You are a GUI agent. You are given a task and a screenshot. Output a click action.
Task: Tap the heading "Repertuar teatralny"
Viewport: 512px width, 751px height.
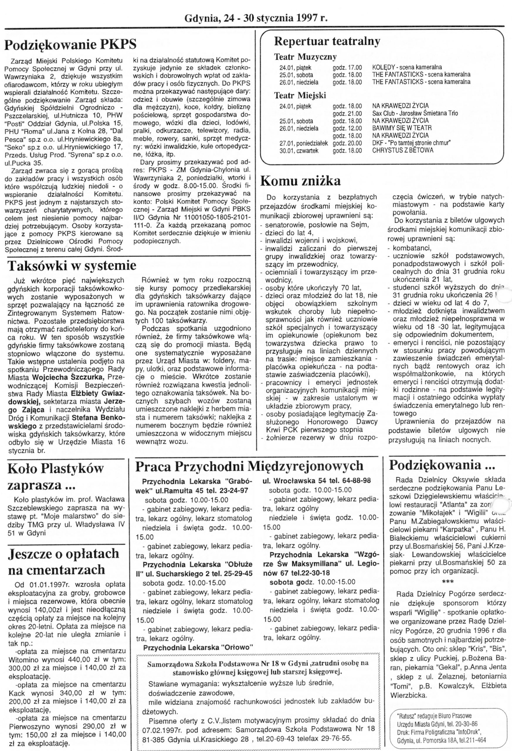tap(327, 41)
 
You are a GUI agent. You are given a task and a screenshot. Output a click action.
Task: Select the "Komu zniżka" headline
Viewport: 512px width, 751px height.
tap(300, 181)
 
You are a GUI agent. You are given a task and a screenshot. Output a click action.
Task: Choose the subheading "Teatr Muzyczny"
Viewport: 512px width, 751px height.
tap(305, 57)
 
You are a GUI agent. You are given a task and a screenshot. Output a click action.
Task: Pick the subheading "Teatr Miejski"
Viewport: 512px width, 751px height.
tap(300, 95)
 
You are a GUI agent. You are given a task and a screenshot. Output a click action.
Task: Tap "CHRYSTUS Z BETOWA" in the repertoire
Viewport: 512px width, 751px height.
tap(403, 150)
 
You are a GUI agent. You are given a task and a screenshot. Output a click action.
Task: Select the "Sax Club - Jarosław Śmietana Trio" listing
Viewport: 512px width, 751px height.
tap(415, 114)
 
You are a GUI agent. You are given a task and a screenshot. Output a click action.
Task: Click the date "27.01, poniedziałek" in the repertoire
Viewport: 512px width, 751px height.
tap(304, 143)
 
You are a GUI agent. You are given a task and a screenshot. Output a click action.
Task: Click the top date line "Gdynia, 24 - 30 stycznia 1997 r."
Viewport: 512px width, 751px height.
tap(256, 18)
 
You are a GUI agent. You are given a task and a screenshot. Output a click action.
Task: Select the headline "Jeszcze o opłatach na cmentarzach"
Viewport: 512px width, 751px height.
tap(63, 561)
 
